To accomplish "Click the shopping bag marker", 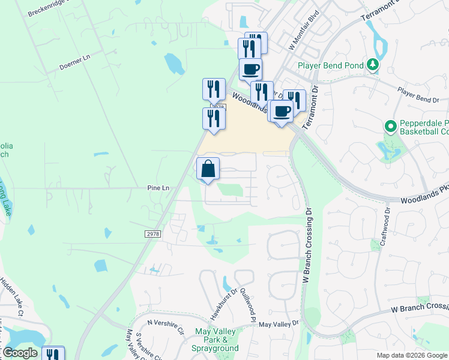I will coord(208,169).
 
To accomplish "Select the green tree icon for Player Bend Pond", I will coord(373,64).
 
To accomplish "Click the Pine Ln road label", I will coord(158,188).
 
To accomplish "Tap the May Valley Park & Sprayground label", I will coord(217,340).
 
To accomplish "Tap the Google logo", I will coord(20,353).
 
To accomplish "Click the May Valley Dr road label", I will coord(279,324).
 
